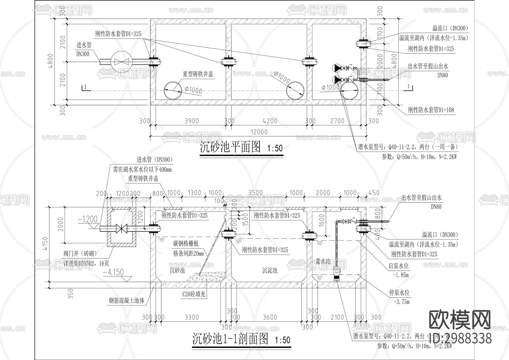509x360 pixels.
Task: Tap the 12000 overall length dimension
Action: [x=259, y=132]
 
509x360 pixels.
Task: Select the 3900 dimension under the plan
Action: [x=191, y=121]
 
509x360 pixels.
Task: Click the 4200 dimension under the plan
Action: [x=270, y=121]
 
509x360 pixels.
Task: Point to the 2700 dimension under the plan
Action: [x=337, y=121]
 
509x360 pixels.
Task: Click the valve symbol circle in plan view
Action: [x=120, y=61]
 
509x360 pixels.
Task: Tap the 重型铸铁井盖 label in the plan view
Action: [x=197, y=74]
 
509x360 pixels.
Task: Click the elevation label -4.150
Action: [x=113, y=273]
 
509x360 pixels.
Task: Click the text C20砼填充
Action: [x=194, y=294]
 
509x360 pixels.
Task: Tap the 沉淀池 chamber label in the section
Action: [x=269, y=270]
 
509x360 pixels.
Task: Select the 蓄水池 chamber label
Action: [x=323, y=261]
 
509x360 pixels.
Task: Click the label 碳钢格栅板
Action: [x=186, y=243]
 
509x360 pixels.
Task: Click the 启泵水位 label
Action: [x=399, y=266]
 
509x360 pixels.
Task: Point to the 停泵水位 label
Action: [x=399, y=293]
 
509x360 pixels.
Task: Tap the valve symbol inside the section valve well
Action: [x=122, y=228]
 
